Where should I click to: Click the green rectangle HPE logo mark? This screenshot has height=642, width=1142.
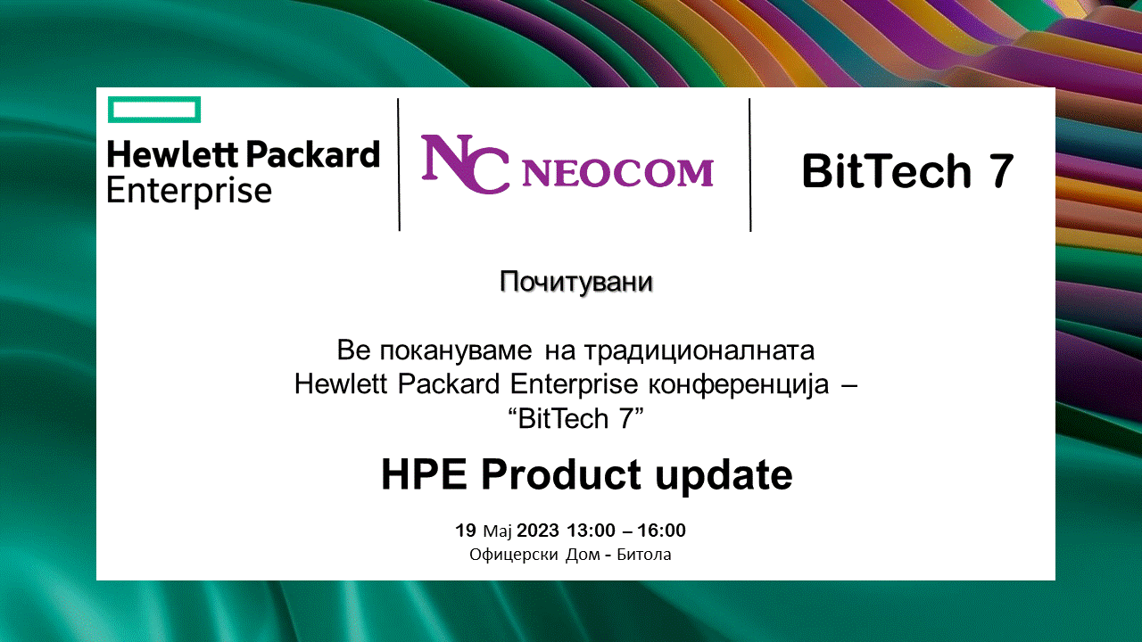coord(154,98)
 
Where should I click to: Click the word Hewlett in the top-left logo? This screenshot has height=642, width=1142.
coord(172,154)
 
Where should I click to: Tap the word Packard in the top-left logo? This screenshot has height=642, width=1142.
coord(313,154)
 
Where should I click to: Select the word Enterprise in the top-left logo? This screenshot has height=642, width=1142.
coord(189,191)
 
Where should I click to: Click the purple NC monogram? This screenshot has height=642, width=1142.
coord(465,164)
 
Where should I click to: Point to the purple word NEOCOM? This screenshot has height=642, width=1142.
coord(617,173)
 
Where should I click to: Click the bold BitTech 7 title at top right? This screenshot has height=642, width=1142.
coord(907,171)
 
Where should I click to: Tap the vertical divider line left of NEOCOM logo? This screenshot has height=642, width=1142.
coord(399,165)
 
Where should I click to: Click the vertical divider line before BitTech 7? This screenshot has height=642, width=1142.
coord(750,165)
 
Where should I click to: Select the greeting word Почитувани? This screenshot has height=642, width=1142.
coord(576,282)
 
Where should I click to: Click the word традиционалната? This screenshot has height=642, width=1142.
coord(699,351)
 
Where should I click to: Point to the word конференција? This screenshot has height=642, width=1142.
coord(739,384)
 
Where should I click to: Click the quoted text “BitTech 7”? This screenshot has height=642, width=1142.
coord(576,418)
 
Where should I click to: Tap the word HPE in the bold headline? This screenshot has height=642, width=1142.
coord(424,474)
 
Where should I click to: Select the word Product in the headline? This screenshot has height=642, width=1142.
coord(561,474)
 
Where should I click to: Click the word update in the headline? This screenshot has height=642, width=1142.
coord(724,475)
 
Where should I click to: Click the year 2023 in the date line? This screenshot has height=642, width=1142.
coord(538,531)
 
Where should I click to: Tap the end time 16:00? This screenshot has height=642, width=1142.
coord(662,531)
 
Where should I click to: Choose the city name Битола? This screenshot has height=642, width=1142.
coord(644,555)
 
